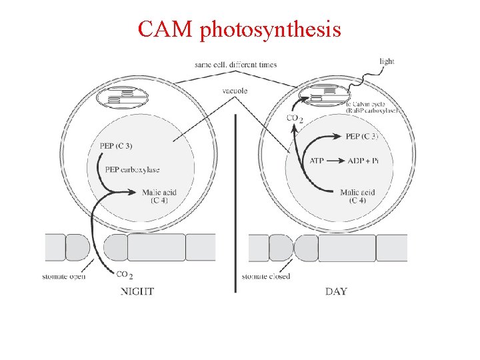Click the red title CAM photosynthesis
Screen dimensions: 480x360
[x=239, y=29]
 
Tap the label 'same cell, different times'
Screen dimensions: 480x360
[x=235, y=65]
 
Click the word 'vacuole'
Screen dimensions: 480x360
[x=236, y=91]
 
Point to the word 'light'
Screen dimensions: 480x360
[x=387, y=61]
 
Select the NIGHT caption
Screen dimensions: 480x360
[x=137, y=291]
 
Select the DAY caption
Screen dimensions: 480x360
[x=336, y=291]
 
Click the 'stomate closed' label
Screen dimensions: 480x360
[x=266, y=276]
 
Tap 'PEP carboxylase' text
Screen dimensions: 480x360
[x=133, y=169]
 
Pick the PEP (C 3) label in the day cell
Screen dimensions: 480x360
[x=362, y=137]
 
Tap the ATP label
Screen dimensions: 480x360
[x=318, y=161]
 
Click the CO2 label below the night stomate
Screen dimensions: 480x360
[x=125, y=275]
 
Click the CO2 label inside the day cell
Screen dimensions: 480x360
[x=295, y=119]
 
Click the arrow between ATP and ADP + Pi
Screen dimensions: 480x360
[x=337, y=161]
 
